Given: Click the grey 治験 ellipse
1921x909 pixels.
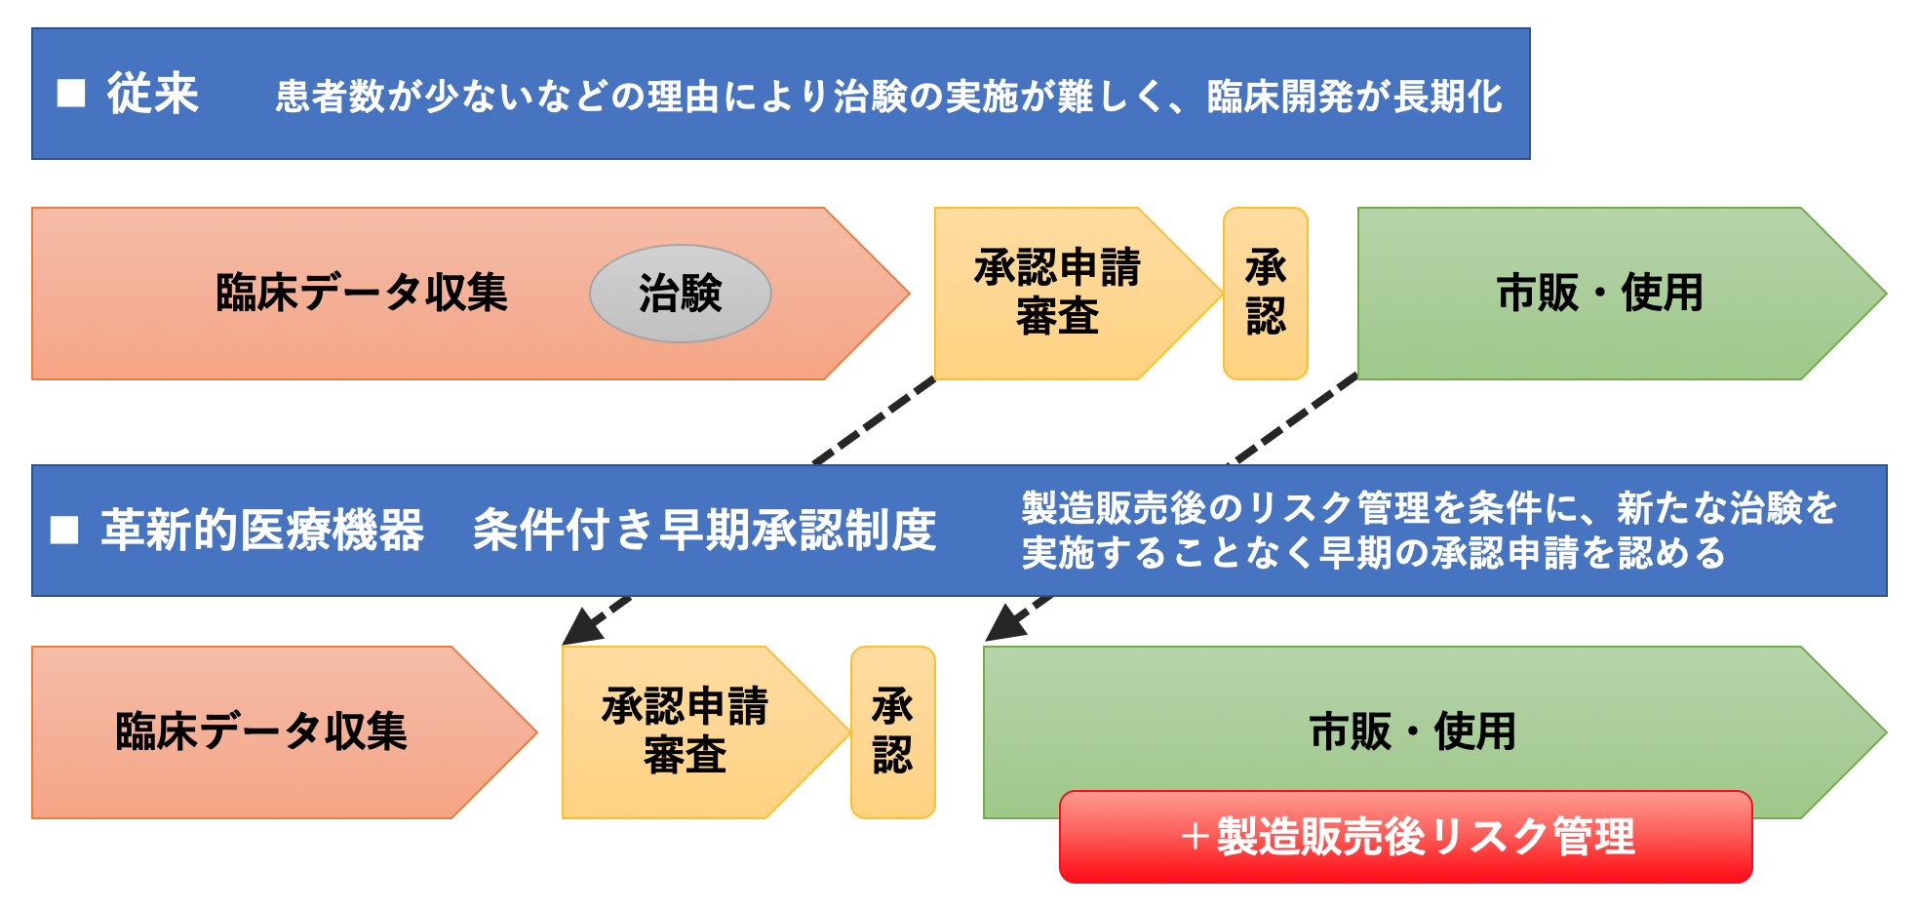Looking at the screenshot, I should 680,294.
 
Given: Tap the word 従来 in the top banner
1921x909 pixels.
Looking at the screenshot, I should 153,94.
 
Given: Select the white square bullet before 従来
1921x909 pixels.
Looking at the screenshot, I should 71,94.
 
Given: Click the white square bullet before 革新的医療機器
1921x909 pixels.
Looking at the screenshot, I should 64,530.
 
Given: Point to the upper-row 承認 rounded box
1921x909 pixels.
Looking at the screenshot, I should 1265,293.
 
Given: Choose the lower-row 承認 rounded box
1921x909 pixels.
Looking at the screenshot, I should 892,731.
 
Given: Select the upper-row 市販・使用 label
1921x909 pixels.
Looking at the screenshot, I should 1599,293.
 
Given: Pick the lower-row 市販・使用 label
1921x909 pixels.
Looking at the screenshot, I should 1412,731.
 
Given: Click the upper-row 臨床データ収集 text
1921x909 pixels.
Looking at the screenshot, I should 362,293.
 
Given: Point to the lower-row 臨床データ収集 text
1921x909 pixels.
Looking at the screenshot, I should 261,731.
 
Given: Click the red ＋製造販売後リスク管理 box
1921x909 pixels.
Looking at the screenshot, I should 1405,837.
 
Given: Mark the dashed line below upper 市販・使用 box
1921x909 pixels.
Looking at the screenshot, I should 1293,420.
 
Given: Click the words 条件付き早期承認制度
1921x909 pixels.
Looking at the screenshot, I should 704,530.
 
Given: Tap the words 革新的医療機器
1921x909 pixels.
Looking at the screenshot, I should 262,530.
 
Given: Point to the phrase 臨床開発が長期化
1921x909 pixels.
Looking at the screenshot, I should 1354,96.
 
